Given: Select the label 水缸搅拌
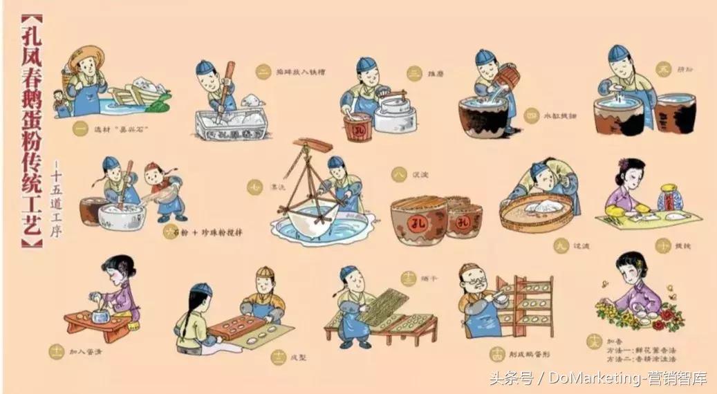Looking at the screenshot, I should click(x=560, y=116).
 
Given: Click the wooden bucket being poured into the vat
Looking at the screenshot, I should click(x=507, y=77).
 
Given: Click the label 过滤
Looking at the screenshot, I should click(x=564, y=246).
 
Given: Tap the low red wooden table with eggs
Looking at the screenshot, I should click(x=97, y=325).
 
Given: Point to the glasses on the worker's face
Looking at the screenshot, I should click(x=471, y=279).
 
